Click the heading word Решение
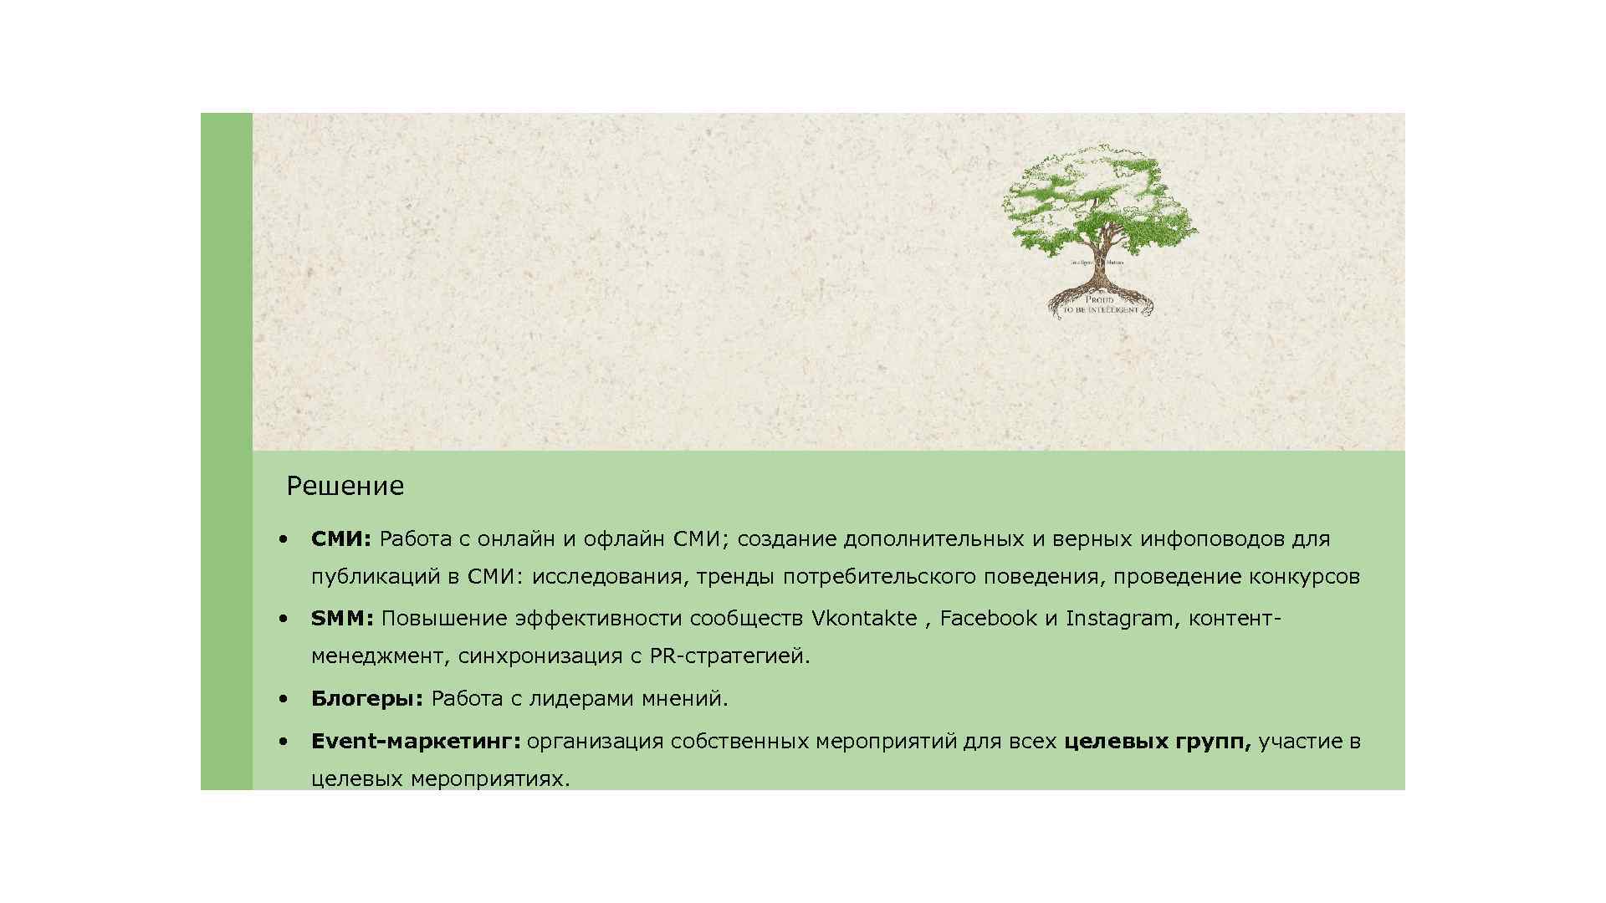(x=345, y=486)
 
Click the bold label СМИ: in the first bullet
(x=340, y=539)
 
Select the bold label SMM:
(x=342, y=619)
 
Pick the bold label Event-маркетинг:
(x=416, y=742)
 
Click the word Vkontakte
(x=864, y=619)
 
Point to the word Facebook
(x=988, y=619)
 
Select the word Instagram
(x=1119, y=619)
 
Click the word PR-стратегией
(x=729, y=656)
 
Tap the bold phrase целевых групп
(x=1157, y=742)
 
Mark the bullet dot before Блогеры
(x=284, y=698)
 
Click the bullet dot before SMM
(x=284, y=619)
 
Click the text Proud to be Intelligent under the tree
(x=1100, y=304)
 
